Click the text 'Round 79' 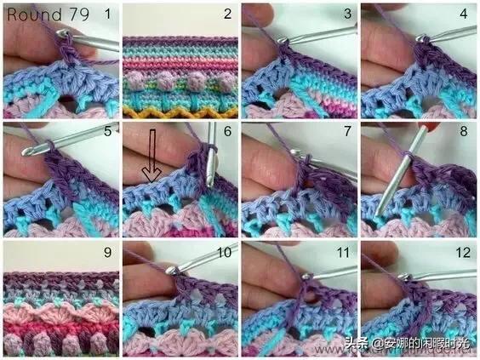click(48, 14)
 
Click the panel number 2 click(227, 14)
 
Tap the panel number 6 click(227, 131)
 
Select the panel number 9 click(107, 252)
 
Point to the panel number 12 click(463, 253)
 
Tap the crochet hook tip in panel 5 click(26, 151)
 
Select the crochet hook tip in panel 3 click(282, 40)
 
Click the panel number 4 click(464, 14)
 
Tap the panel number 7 click(347, 131)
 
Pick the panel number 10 click(225, 253)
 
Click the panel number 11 click(343, 253)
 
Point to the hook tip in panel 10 click(170, 271)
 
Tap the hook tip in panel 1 click(62, 32)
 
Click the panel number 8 click(464, 131)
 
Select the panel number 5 click(107, 131)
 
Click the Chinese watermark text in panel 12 click(407, 343)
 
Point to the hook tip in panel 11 click(306, 277)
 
